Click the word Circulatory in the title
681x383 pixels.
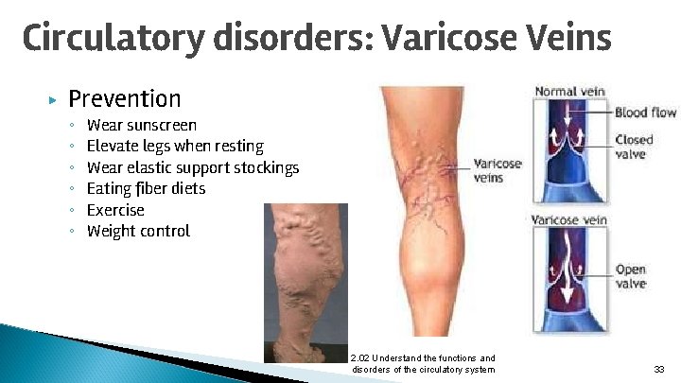[x=113, y=40]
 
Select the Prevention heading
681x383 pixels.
[x=124, y=98]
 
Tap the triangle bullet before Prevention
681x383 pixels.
[x=53, y=99]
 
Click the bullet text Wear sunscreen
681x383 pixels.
[x=142, y=125]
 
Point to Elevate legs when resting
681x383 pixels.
[x=175, y=146]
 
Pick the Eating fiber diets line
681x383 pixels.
[x=146, y=188]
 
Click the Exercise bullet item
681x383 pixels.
[x=115, y=210]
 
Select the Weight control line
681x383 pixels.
[x=138, y=231]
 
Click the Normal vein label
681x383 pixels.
[x=569, y=93]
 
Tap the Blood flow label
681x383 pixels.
[x=645, y=113]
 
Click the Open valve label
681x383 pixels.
[x=631, y=276]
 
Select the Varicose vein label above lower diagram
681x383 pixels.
[x=570, y=220]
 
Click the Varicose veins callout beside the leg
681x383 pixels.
[x=496, y=170]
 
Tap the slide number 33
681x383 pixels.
[x=658, y=369]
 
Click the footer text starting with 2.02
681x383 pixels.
[x=422, y=363]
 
